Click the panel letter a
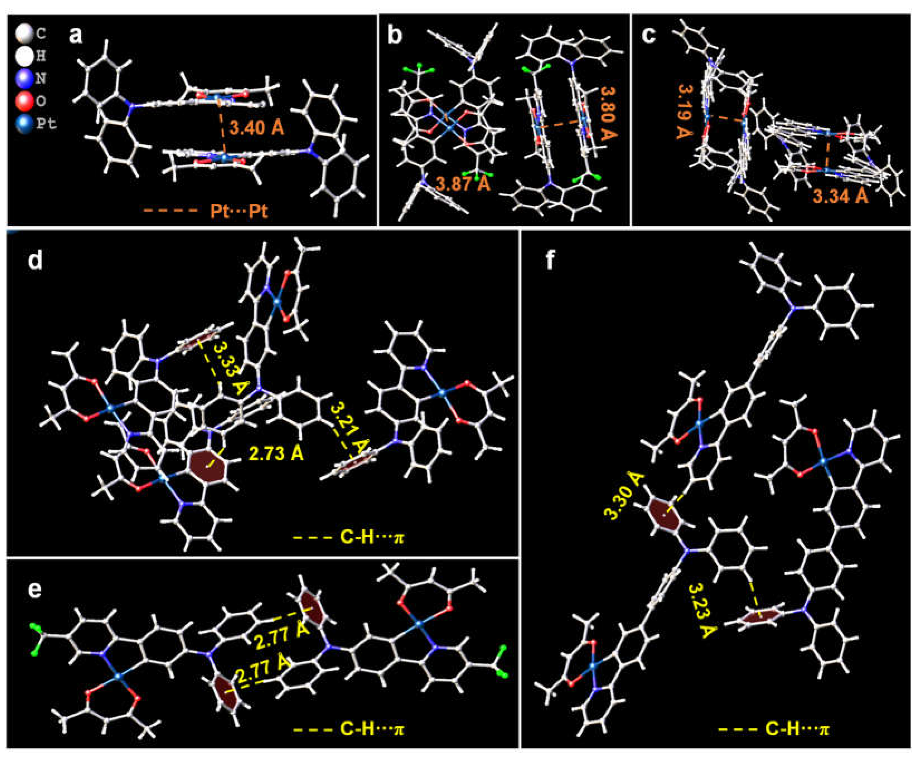point(76,35)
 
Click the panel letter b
point(395,35)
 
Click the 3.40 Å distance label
point(257,128)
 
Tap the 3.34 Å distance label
point(840,196)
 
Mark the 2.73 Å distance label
point(276,454)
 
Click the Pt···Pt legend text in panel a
point(238,212)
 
